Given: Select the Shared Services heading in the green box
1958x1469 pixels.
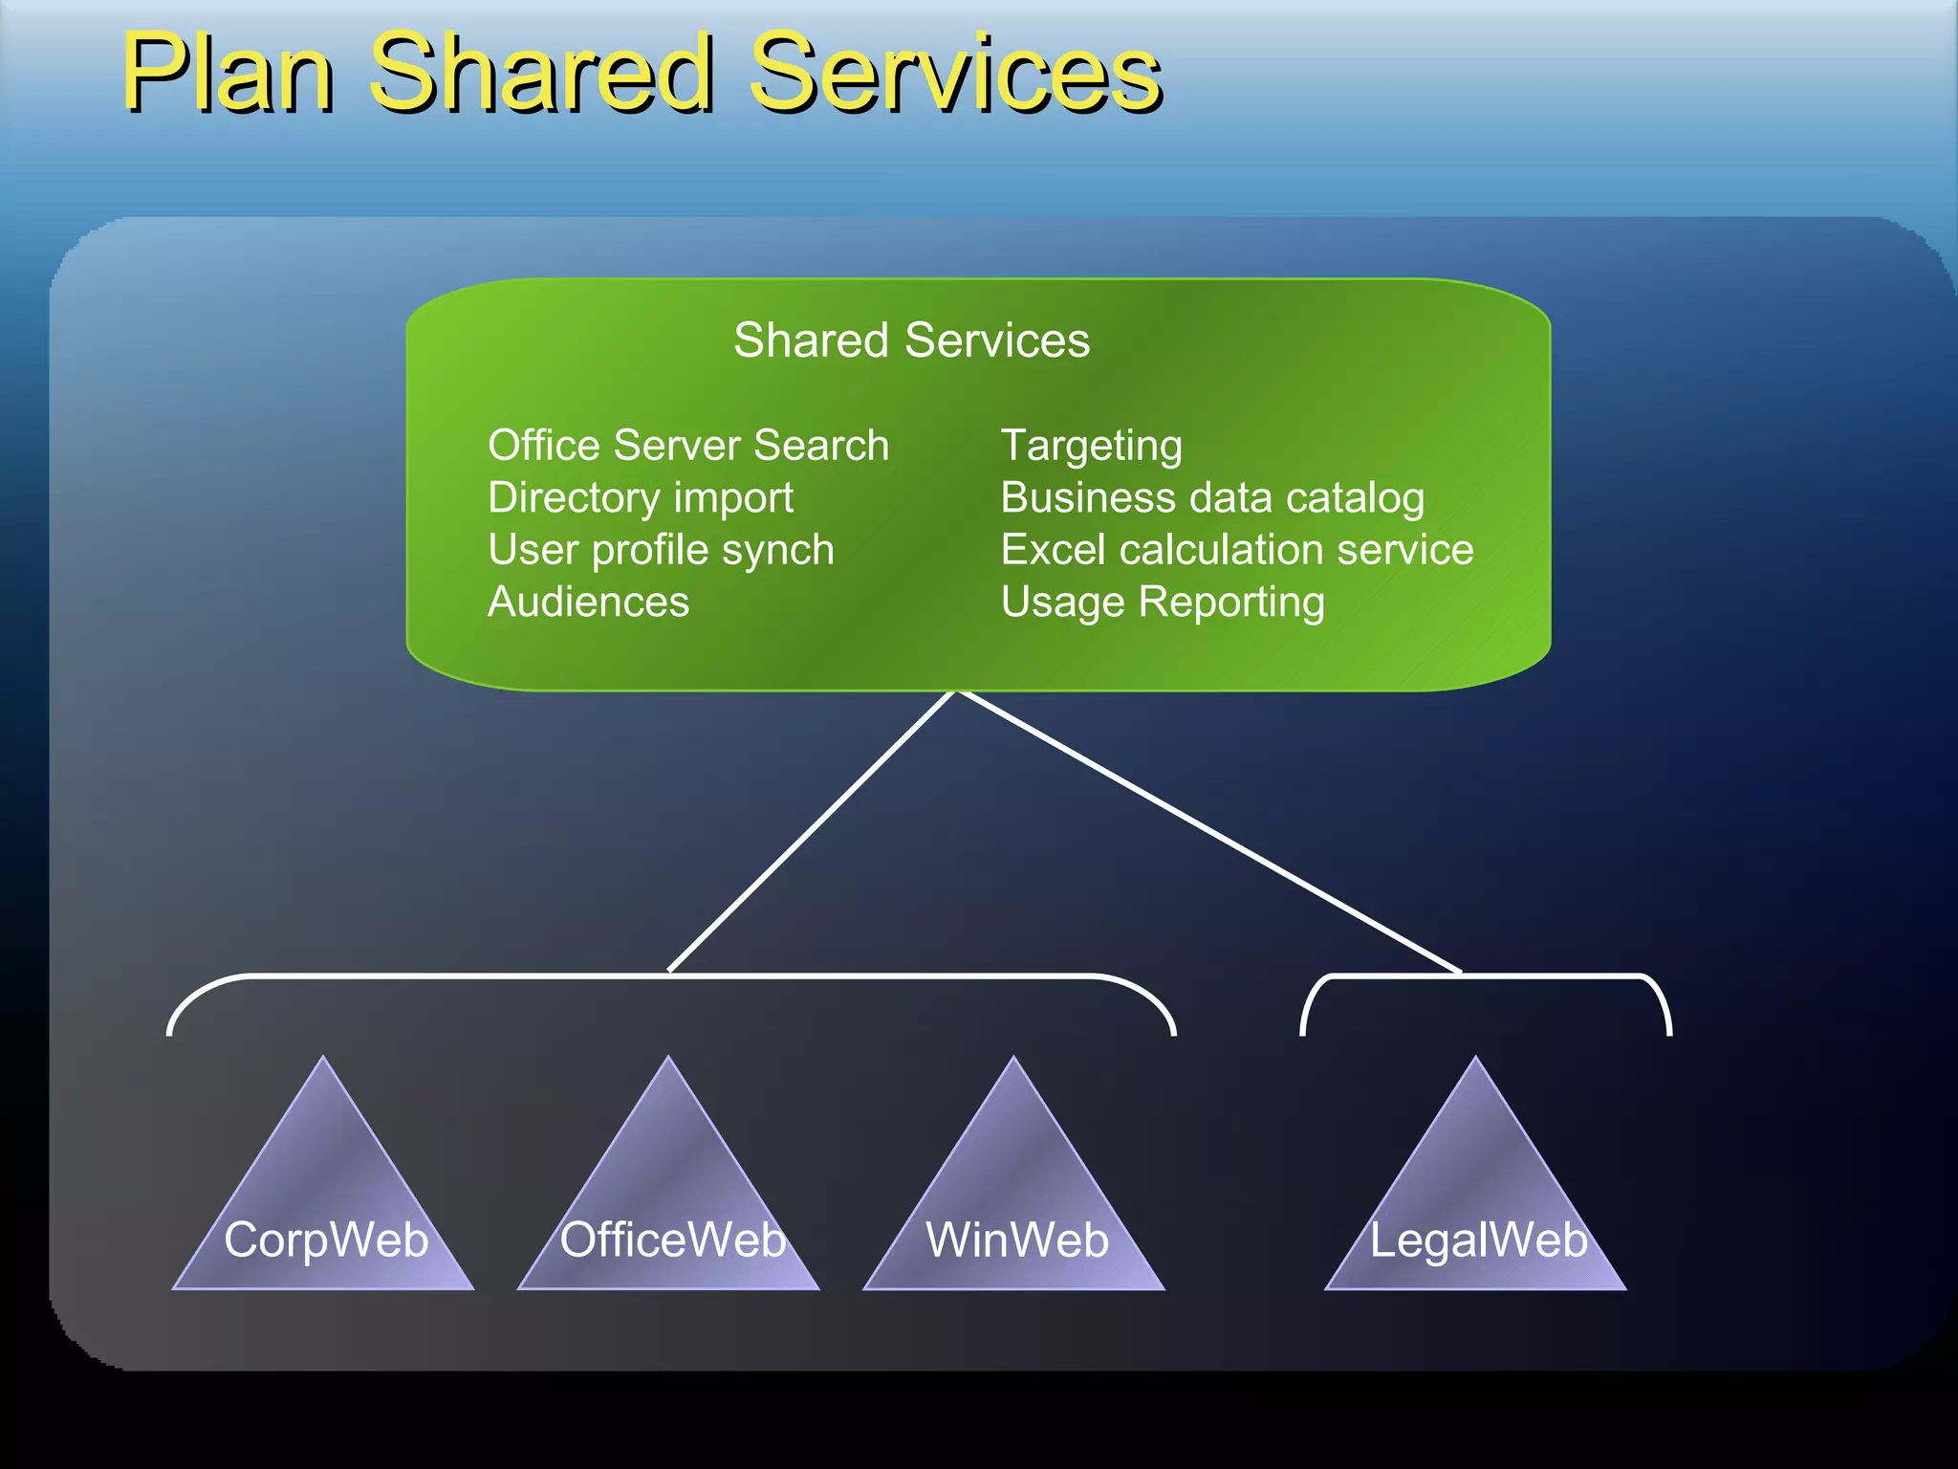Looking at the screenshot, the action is (911, 340).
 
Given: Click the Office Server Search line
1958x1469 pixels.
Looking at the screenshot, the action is (688, 446).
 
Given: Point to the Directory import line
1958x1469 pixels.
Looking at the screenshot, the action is (640, 498).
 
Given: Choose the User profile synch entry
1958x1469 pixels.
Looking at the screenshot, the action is (661, 550).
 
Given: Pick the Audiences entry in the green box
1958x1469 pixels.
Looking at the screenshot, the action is (588, 603).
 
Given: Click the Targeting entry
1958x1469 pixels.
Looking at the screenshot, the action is (1091, 446).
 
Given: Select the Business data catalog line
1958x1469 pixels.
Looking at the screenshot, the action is (1212, 498).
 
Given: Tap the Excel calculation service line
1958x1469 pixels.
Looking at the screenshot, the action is (1237, 550).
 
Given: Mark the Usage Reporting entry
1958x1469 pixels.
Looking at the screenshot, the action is (1163, 603).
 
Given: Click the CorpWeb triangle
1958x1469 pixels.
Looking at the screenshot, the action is (324, 1205).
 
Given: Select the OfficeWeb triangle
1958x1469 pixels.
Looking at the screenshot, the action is (669, 1205).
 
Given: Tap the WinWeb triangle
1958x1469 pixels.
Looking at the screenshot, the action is (1014, 1205).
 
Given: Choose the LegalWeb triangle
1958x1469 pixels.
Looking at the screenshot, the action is (1476, 1205).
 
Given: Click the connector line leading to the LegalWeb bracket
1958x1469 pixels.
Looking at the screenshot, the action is (1210, 832).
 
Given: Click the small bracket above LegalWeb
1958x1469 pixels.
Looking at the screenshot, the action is (1486, 976).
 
